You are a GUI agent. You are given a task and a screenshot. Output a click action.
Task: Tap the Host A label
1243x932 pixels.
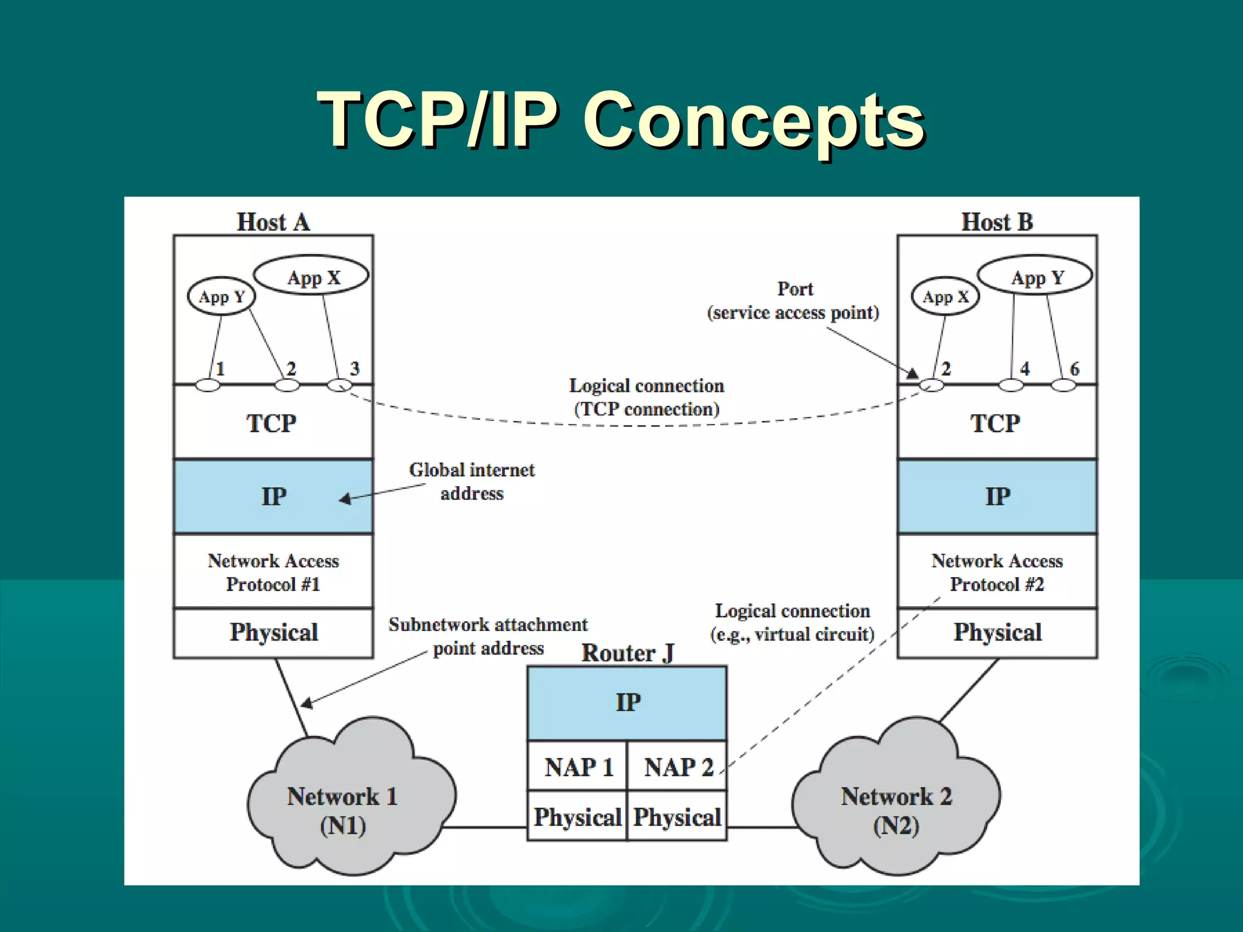point(273,222)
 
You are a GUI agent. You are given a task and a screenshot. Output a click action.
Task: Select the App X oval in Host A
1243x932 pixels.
point(312,276)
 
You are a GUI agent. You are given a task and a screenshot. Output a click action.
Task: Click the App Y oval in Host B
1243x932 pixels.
point(1036,276)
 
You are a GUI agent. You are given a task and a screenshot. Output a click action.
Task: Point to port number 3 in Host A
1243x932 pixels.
point(355,368)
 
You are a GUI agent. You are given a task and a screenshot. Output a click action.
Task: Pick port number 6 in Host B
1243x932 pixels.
point(1074,368)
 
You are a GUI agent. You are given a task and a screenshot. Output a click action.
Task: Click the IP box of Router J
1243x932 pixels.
point(627,703)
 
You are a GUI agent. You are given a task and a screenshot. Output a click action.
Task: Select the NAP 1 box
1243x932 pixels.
point(577,767)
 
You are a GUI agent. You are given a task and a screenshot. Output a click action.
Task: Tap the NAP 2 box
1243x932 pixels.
point(677,767)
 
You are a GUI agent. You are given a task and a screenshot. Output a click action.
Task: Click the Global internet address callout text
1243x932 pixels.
point(472,481)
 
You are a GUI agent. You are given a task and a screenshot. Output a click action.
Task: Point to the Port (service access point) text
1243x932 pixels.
point(793,301)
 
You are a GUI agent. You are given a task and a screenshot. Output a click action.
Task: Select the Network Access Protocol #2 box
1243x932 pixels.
point(997,572)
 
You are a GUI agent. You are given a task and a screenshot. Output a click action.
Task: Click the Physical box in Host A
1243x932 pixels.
point(273,633)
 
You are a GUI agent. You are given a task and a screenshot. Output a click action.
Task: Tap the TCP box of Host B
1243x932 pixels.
point(997,423)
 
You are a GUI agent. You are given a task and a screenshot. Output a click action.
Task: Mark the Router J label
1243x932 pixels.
point(627,653)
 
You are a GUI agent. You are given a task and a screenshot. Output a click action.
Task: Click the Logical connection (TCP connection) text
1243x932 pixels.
point(646,397)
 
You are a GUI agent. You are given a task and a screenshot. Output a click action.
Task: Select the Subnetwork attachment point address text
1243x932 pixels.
point(487,636)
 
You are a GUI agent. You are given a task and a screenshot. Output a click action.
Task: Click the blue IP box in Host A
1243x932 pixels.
point(273,496)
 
